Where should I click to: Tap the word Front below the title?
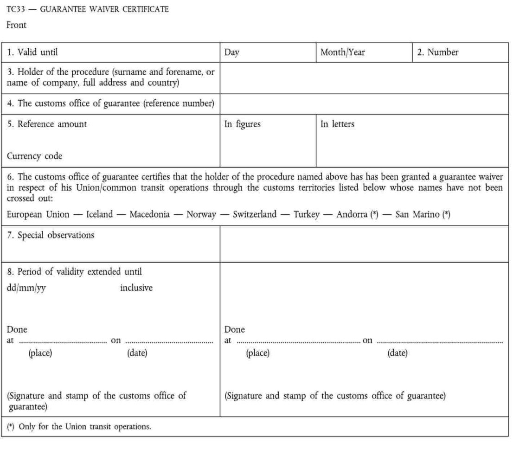click(16, 26)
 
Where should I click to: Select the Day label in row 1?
click(231, 52)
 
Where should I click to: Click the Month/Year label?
click(342, 52)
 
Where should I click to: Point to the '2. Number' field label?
click(437, 52)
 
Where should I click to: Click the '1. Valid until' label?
click(33, 52)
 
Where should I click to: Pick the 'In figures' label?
click(242, 124)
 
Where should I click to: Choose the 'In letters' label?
click(337, 124)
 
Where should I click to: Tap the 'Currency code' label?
click(34, 156)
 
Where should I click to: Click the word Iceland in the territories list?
click(100, 214)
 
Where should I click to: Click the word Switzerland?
click(254, 214)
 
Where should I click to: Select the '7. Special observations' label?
click(51, 235)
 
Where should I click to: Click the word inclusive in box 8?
click(136, 288)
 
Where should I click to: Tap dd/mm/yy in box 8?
click(26, 288)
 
